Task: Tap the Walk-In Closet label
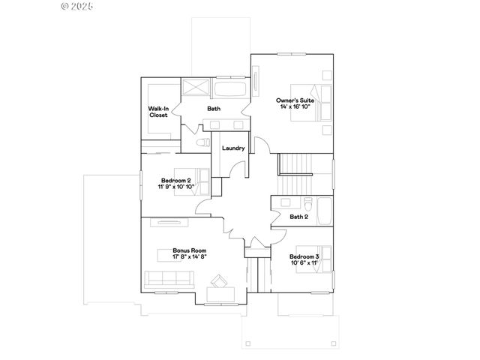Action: pyautogui.click(x=158, y=112)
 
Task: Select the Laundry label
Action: pyautogui.click(x=233, y=148)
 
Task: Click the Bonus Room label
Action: pyautogui.click(x=189, y=250)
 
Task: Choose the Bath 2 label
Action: pyautogui.click(x=299, y=217)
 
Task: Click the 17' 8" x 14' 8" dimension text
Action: pyautogui.click(x=189, y=256)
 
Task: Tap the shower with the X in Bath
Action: pyautogui.click(x=196, y=88)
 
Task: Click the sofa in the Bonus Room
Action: pyautogui.click(x=170, y=279)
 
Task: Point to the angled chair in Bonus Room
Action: pyautogui.click(x=220, y=281)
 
